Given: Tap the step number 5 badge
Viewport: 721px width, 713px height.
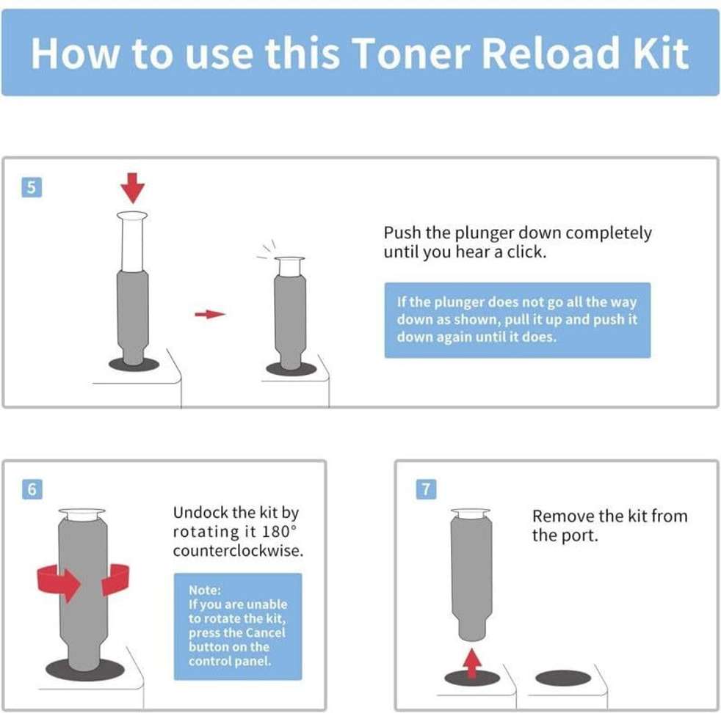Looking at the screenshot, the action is tap(32, 188).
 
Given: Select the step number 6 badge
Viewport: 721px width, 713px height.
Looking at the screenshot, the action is tap(32, 489).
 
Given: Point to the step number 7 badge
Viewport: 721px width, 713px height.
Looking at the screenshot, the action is tap(426, 489).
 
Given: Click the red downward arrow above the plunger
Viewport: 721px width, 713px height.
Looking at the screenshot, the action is tap(133, 188).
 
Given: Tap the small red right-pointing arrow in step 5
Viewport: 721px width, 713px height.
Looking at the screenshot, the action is tap(210, 314).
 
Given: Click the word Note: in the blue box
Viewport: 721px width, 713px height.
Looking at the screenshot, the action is tap(205, 590).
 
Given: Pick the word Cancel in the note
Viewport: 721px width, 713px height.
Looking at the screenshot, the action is tap(265, 632).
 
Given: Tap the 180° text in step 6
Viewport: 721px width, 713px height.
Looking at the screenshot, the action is tap(279, 531).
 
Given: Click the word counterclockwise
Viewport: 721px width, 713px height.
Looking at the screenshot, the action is tap(238, 550).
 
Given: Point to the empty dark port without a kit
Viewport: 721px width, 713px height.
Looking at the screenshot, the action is tap(563, 678).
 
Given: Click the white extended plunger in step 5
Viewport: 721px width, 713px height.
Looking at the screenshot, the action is tap(132, 241).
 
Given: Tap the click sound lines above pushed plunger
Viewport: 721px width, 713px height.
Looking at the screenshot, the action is tap(267, 249).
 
